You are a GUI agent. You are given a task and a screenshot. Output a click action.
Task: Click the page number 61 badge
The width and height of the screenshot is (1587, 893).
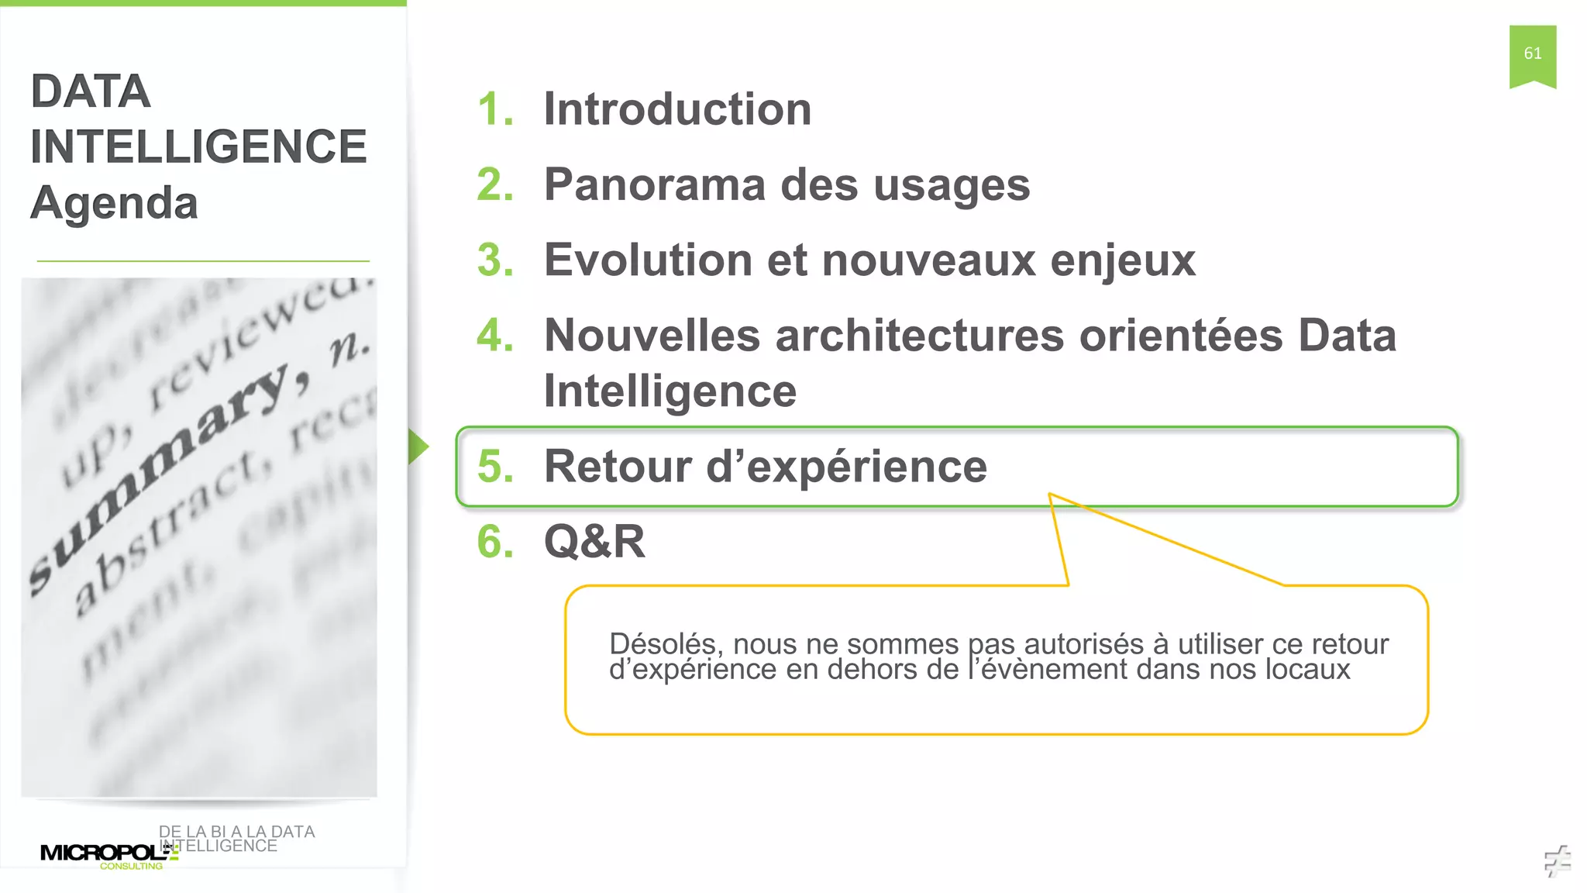click(1532, 54)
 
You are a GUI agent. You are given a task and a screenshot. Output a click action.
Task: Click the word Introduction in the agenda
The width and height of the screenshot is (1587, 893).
click(677, 109)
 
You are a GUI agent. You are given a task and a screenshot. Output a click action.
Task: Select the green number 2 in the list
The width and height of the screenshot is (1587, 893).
click(495, 184)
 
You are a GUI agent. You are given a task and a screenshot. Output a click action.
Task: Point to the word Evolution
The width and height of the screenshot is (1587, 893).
click(648, 260)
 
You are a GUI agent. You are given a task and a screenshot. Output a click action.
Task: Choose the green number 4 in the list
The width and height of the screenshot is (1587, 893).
click(495, 336)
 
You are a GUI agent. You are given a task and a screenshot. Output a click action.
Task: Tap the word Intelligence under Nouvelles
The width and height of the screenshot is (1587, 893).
click(670, 391)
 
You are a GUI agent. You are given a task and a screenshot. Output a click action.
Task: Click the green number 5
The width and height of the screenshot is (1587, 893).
click(495, 467)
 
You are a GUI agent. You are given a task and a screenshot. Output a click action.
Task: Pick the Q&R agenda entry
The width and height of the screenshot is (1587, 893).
click(594, 541)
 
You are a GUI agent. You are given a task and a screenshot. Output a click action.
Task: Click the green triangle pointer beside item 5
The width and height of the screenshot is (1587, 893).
click(418, 446)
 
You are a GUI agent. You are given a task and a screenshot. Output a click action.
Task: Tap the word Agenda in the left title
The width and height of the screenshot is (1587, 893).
click(114, 203)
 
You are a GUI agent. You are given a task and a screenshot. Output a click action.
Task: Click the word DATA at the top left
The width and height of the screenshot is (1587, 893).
click(90, 91)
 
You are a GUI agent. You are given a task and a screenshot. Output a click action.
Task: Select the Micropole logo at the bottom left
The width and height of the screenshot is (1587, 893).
click(108, 854)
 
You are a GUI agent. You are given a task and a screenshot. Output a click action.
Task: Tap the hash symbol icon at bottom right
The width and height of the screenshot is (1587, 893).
click(1557, 860)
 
